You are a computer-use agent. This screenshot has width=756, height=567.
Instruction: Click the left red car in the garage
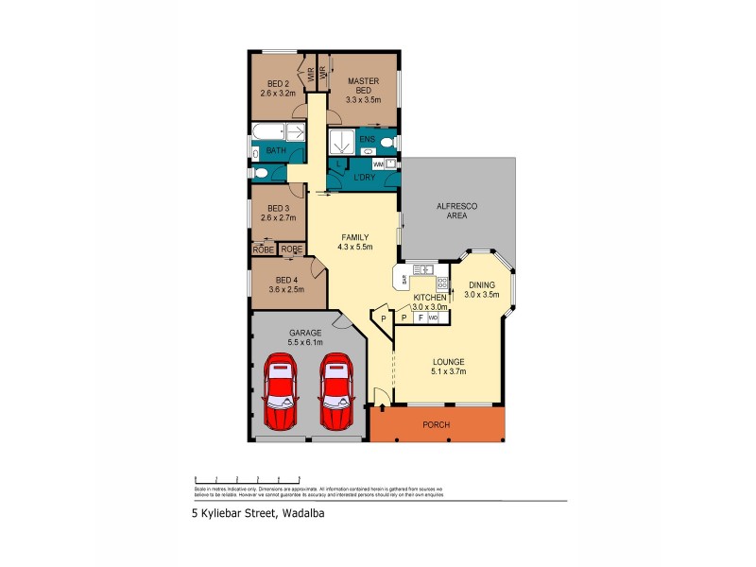[x=281, y=391]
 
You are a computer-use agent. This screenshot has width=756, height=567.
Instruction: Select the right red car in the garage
[x=335, y=391]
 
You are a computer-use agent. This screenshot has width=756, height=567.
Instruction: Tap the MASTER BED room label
[x=363, y=86]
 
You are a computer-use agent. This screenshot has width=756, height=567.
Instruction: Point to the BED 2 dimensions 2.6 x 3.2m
[x=279, y=94]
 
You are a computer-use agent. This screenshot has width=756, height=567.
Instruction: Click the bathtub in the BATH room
[x=278, y=130]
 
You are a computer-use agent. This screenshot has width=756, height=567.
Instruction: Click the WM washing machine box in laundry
[x=378, y=164]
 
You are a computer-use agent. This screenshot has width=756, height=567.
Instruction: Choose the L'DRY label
[x=364, y=178]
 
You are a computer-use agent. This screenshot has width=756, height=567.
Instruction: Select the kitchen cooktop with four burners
[x=441, y=282]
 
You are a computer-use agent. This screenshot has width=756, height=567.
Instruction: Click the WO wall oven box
[x=434, y=318]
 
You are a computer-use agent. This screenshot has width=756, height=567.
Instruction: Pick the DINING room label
[x=481, y=284]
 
